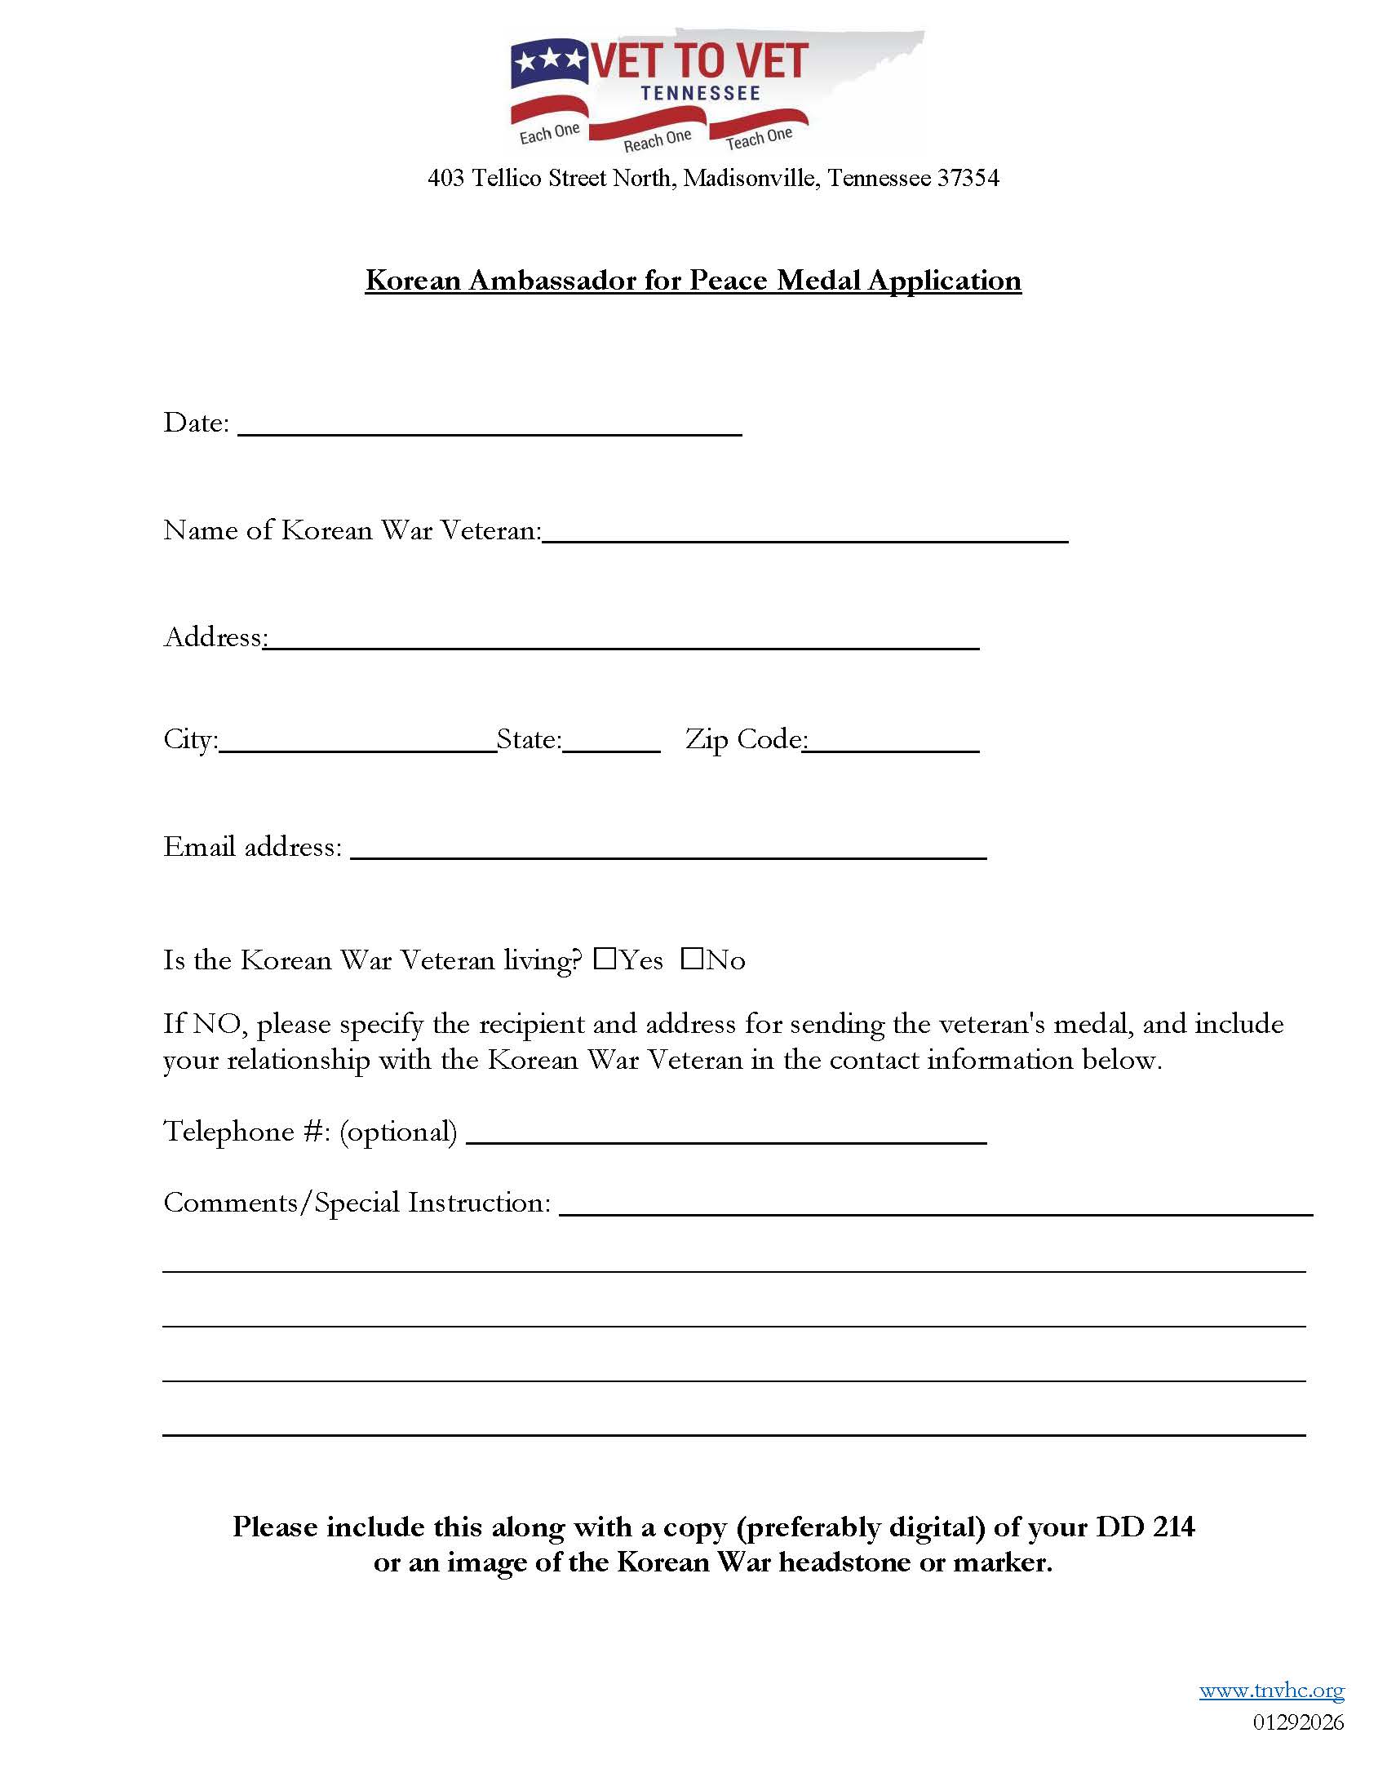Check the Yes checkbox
click(605, 959)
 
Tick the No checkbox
click(692, 959)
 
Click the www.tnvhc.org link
click(1272, 1691)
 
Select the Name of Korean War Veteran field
click(804, 534)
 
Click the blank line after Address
click(622, 640)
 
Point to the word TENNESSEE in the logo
click(701, 93)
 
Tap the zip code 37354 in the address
click(968, 178)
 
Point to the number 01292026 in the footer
click(1298, 1722)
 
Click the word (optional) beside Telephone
click(398, 1132)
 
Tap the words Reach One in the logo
click(658, 140)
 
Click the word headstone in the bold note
click(844, 1562)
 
